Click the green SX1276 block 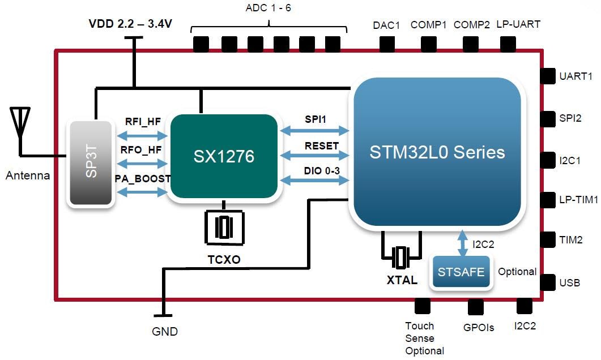[x=224, y=156]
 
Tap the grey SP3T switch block [x=91, y=163]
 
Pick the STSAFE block [x=461, y=272]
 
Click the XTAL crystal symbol [x=402, y=257]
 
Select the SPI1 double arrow [x=315, y=131]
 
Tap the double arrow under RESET [x=315, y=156]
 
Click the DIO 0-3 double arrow [x=315, y=180]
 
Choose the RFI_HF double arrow [x=142, y=135]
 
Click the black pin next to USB [x=548, y=281]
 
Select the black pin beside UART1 [x=548, y=76]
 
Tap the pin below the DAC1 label [x=387, y=44]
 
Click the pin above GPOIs [x=475, y=307]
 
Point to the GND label [x=165, y=332]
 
